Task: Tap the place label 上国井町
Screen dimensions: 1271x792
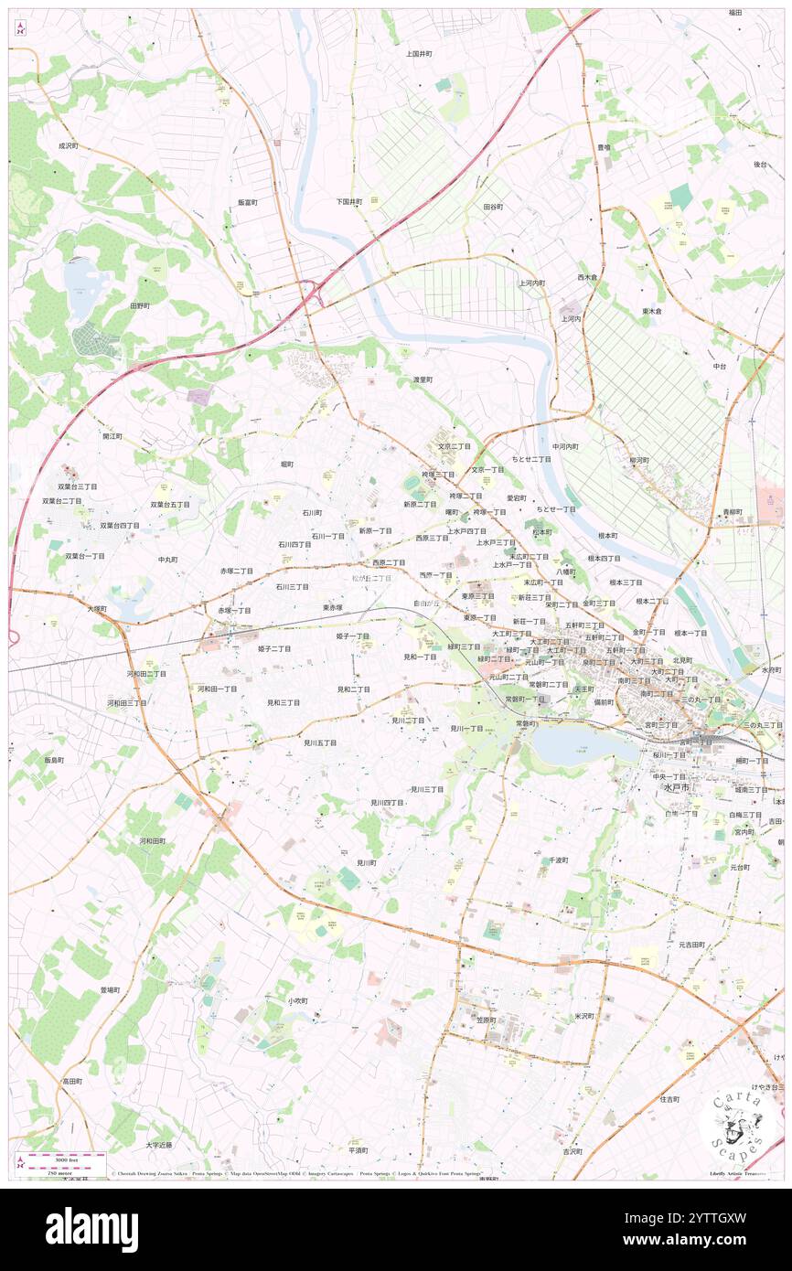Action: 419,54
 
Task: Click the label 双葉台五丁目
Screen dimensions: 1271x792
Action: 170,504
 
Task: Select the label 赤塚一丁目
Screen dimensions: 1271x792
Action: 234,610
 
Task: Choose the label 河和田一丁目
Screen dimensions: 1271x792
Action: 218,689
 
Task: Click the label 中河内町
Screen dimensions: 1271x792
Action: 565,446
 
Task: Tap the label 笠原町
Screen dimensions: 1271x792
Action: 486,1020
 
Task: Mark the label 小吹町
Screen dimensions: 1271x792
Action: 298,1000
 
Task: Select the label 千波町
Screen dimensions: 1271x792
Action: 558,860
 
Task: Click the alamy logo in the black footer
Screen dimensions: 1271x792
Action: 91,1230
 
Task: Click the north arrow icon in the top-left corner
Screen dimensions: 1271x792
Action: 19,27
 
